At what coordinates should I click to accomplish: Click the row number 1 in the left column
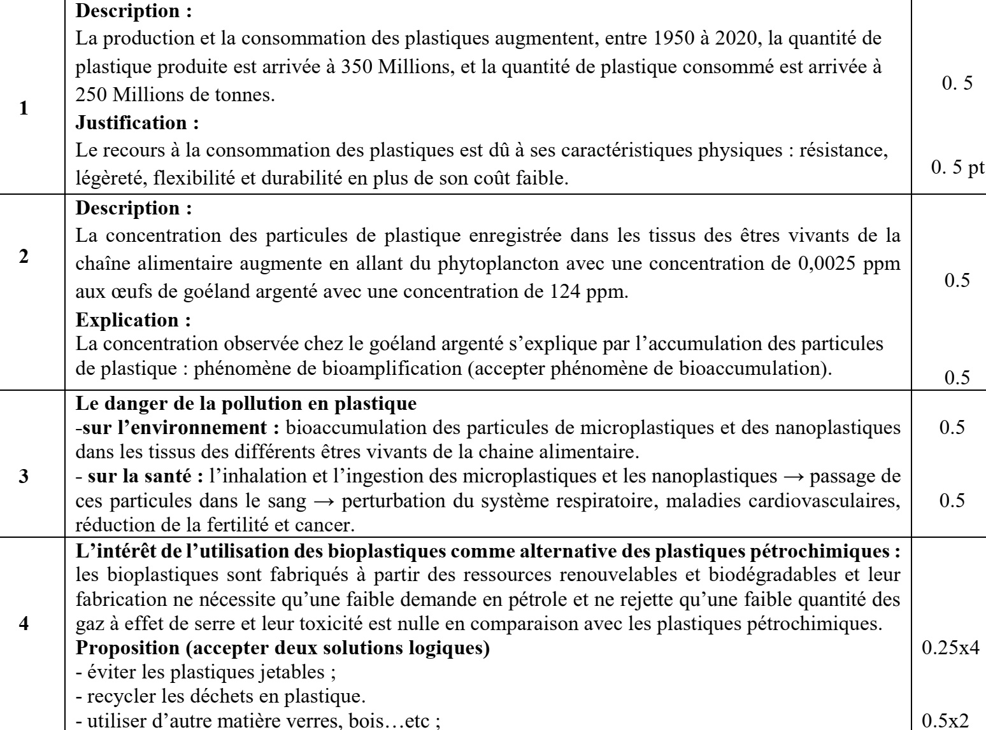pyautogui.click(x=24, y=108)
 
